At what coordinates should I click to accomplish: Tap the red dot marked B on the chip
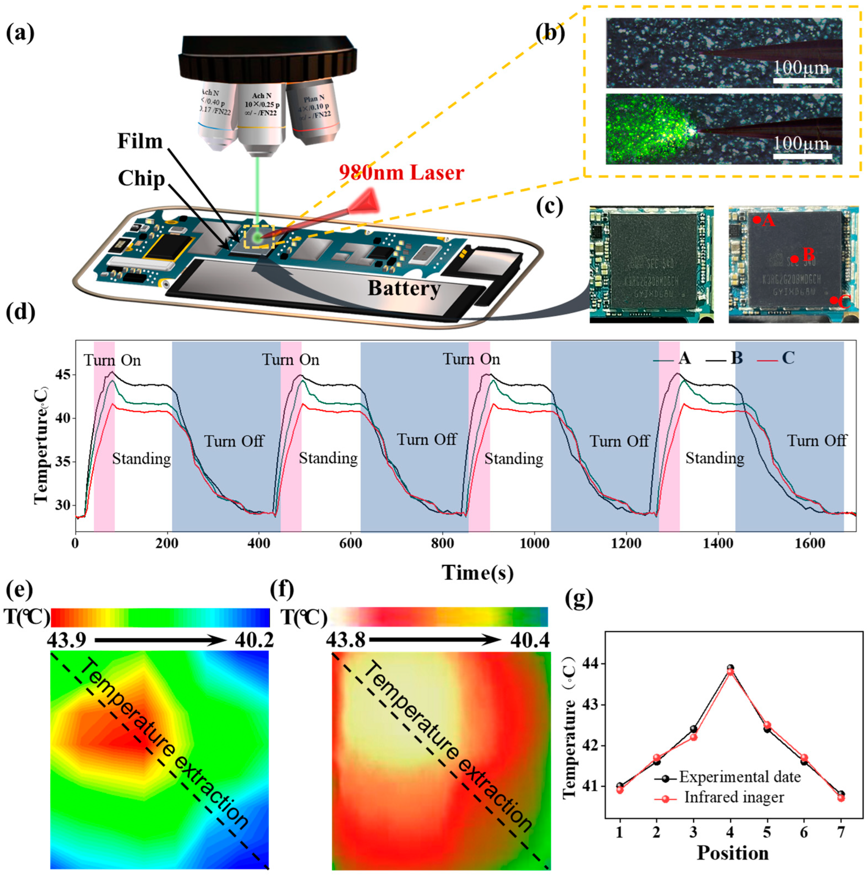coord(795,259)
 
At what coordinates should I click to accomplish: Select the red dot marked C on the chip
coord(833,300)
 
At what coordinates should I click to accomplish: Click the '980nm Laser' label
coord(402,173)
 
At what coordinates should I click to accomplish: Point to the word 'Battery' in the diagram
coord(404,288)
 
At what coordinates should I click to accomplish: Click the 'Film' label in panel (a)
coord(140,141)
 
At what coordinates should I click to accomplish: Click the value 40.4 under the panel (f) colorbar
coord(528,640)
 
